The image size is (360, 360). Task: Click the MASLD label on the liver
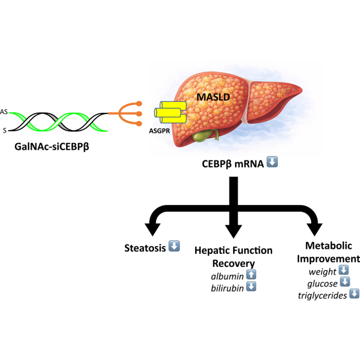(x=213, y=97)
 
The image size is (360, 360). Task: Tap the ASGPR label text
(x=159, y=131)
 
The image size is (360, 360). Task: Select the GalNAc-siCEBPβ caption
(x=52, y=146)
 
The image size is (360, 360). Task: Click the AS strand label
(x=4, y=112)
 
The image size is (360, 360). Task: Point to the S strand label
(x=5, y=131)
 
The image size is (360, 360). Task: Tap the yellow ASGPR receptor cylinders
(x=170, y=112)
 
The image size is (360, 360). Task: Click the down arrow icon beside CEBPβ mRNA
(x=272, y=162)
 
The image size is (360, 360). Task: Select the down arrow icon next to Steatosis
(x=174, y=246)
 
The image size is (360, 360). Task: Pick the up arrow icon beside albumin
(x=251, y=274)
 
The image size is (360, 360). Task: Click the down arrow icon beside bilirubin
(x=251, y=286)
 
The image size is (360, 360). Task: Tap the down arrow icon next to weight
(x=344, y=270)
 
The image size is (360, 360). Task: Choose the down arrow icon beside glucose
(x=345, y=282)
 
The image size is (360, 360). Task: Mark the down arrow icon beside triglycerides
(x=354, y=293)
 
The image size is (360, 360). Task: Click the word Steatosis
(x=145, y=248)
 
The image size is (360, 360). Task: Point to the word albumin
(x=227, y=276)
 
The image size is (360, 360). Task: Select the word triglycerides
(x=323, y=295)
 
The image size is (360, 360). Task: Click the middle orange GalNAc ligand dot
(x=139, y=114)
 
